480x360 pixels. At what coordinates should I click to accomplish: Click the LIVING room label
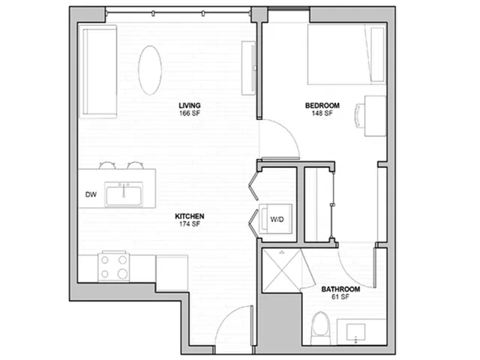tap(190, 106)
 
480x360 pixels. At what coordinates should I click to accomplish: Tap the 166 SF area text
tap(190, 113)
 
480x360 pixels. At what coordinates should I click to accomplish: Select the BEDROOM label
tap(322, 106)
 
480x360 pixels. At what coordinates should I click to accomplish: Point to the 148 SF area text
tap(322, 113)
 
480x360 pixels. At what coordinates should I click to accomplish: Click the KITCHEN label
tap(190, 217)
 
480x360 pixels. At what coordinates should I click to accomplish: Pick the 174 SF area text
tap(190, 224)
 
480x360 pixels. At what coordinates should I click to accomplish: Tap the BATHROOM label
tap(340, 289)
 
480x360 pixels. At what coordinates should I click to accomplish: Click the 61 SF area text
tap(340, 297)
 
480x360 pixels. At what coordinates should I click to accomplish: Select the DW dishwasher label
tap(91, 194)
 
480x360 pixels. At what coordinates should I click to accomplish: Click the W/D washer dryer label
tap(277, 220)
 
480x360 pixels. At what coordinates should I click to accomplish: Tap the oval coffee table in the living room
tap(150, 70)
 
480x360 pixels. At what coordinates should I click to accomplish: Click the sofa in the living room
tap(98, 72)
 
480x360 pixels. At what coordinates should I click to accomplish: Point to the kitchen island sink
tap(124, 194)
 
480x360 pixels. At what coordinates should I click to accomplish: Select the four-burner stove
tap(113, 267)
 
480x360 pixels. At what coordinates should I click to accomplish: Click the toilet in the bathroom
tap(320, 328)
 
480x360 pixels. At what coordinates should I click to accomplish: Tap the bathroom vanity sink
tap(355, 332)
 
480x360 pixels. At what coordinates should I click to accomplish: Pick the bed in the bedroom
tap(346, 55)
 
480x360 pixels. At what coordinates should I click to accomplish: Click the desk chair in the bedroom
tap(360, 115)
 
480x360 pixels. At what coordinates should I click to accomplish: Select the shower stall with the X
tap(282, 271)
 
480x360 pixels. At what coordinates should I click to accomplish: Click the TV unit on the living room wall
tap(249, 68)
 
